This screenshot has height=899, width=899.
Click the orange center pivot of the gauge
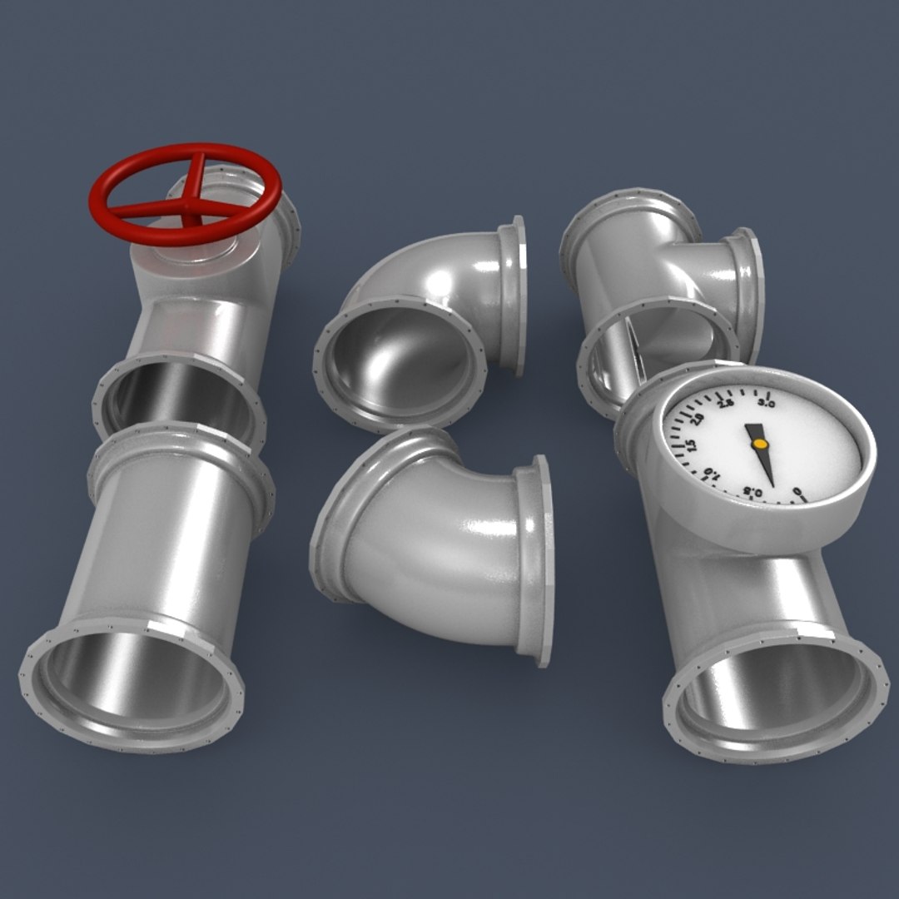click(x=759, y=445)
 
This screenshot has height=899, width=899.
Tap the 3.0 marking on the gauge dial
click(x=767, y=404)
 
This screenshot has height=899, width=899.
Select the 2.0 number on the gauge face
click(x=698, y=420)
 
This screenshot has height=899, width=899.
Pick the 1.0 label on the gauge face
click(x=710, y=474)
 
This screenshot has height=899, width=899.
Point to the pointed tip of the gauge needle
click(x=773, y=486)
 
